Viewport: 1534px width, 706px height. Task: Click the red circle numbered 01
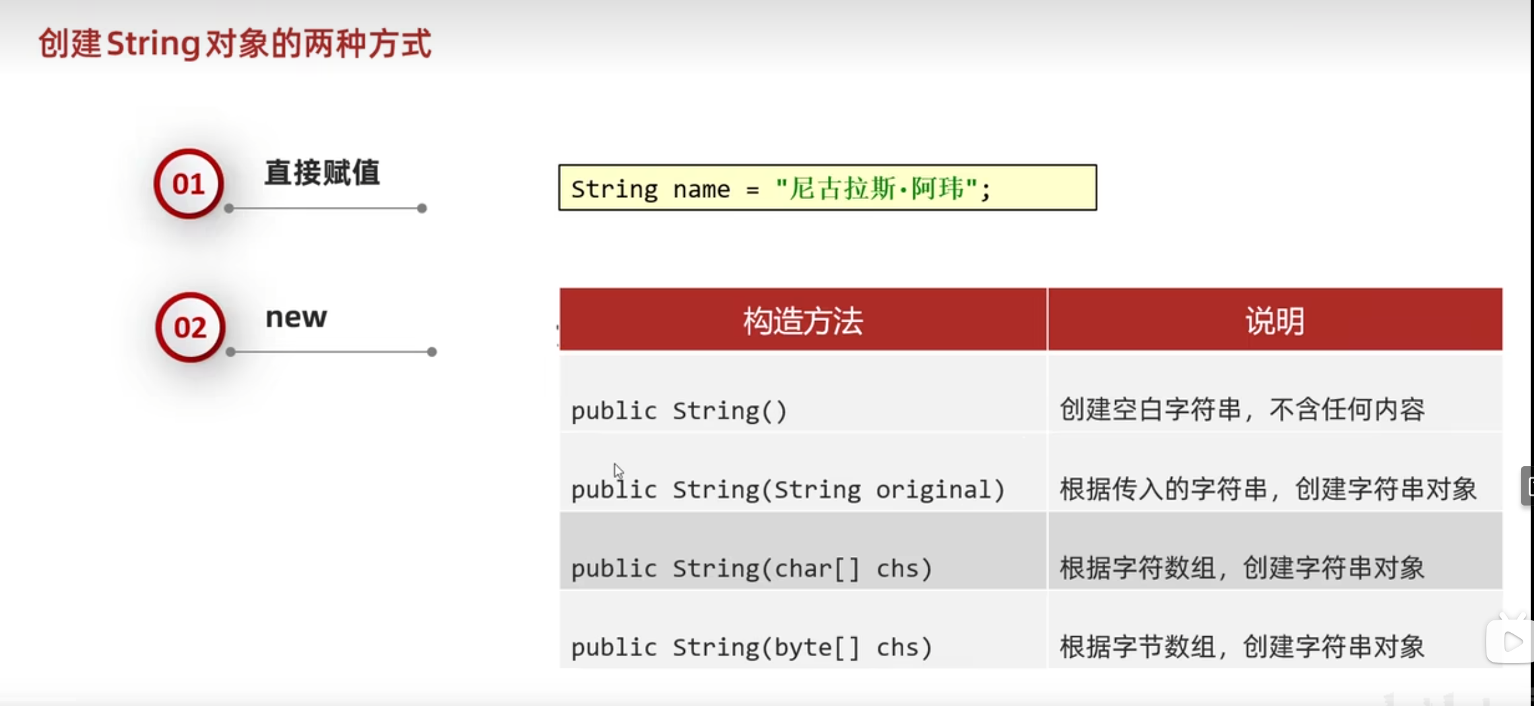coord(189,183)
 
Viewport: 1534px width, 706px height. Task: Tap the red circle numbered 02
coord(190,327)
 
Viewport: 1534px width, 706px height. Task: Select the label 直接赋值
coord(322,173)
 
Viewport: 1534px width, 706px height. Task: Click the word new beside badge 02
coord(296,318)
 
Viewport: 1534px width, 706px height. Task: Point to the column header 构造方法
coord(803,321)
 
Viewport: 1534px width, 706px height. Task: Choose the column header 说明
coord(1275,321)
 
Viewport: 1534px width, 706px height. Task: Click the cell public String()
coord(679,411)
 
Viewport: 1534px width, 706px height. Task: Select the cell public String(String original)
coord(788,489)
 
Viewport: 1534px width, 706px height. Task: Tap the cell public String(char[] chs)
coord(751,568)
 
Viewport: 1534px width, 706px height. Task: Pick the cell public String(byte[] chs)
coord(751,647)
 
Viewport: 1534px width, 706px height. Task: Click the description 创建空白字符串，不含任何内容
coord(1242,409)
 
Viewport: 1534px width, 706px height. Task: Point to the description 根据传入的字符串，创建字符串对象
coord(1268,488)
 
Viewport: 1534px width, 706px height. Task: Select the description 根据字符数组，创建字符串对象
coord(1242,568)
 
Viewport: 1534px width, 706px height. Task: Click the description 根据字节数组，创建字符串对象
coord(1242,647)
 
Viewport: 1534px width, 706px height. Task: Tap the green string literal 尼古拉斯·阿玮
coord(876,189)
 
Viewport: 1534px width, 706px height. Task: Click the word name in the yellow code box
coord(701,190)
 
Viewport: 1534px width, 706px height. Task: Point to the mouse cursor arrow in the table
coord(618,471)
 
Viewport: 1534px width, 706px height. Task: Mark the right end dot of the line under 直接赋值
coord(422,208)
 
